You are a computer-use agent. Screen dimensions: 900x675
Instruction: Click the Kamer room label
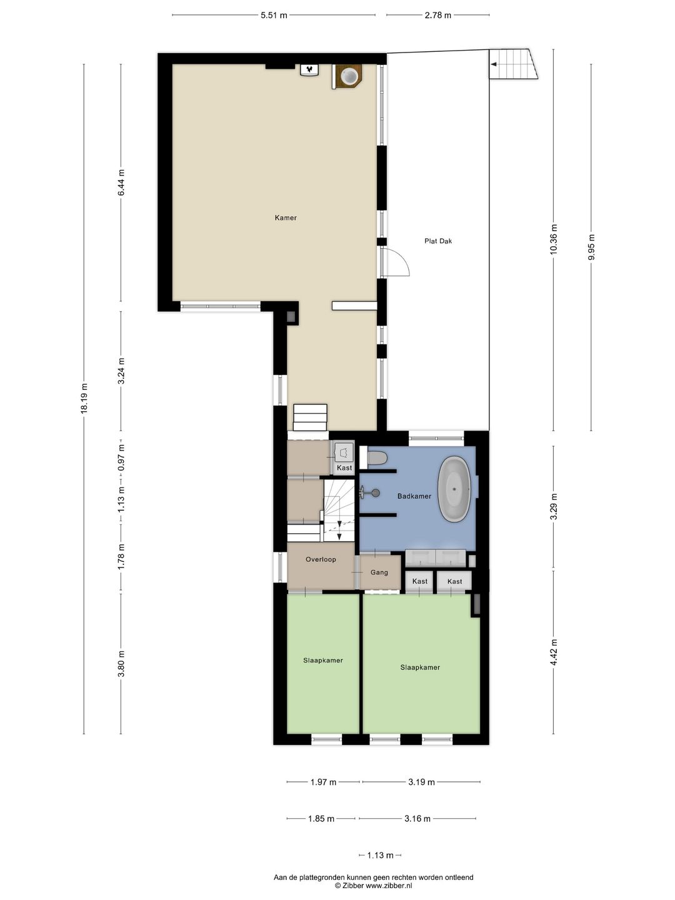(x=286, y=218)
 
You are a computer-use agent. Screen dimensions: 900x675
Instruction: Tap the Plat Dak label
(x=437, y=241)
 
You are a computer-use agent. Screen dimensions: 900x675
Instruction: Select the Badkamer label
(x=414, y=496)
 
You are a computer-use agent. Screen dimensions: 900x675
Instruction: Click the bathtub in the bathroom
(x=455, y=489)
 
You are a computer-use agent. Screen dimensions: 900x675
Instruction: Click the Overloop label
(x=321, y=559)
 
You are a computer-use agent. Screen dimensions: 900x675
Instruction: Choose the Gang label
(x=379, y=572)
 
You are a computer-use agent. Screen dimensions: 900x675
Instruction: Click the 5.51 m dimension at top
(x=274, y=16)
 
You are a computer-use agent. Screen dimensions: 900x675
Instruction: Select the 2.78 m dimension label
(x=437, y=16)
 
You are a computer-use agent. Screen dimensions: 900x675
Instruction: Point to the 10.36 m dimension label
(x=553, y=239)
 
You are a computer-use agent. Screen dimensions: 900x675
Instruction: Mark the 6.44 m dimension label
(x=122, y=182)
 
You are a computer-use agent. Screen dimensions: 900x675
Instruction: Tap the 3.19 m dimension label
(x=421, y=782)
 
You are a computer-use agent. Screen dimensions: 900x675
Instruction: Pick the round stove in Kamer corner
(x=348, y=76)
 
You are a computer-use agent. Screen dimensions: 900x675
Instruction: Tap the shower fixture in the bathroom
(x=369, y=493)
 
